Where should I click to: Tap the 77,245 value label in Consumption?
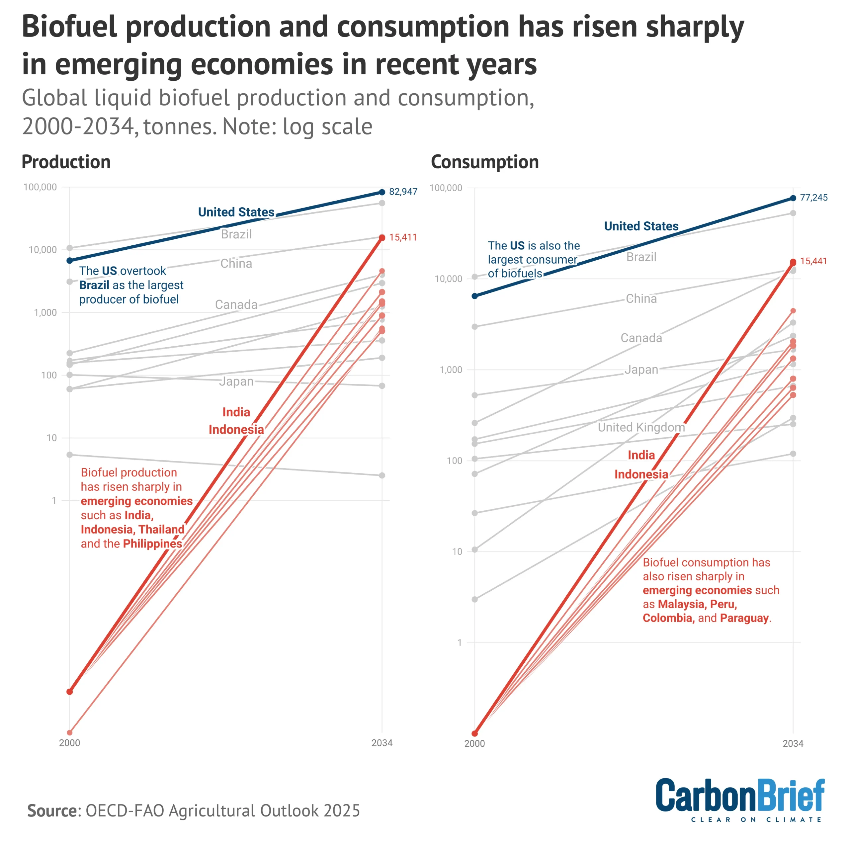[813, 198]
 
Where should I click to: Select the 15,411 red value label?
[402, 237]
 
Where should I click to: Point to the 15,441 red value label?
[813, 261]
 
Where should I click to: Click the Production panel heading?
[66, 162]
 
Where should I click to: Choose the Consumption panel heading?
[484, 162]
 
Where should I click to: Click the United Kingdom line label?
[641, 427]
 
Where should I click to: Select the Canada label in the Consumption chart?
[641, 338]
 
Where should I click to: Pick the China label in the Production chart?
[236, 264]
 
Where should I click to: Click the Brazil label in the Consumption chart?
[641, 257]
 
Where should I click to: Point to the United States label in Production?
[236, 212]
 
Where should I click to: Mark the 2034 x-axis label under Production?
[382, 743]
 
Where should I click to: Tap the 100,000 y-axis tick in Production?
[40, 187]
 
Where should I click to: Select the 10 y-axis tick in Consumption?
[457, 552]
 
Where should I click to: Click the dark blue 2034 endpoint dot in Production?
[382, 192]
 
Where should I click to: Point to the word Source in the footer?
[52, 810]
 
